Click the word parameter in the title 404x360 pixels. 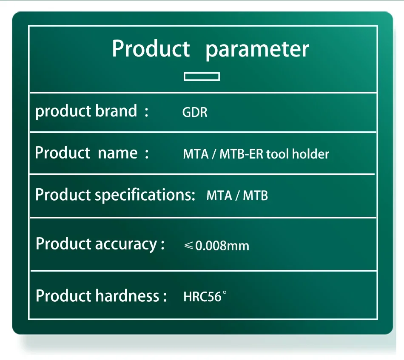point(257,50)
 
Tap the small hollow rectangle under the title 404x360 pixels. point(202,77)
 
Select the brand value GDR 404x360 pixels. point(195,112)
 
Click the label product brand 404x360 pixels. point(86,111)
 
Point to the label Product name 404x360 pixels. point(86,153)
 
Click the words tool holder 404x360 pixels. point(298,154)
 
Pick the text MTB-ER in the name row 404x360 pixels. point(242,154)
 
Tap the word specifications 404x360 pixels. point(145,195)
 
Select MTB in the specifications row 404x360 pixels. point(255,196)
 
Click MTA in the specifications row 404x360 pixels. point(219,196)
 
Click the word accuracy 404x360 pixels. point(126,244)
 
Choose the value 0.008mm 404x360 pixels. point(222,246)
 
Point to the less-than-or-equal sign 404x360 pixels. point(189,246)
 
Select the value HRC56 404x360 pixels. point(202,297)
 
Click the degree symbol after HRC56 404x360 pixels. point(225,293)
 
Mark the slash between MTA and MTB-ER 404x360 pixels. point(214,154)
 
